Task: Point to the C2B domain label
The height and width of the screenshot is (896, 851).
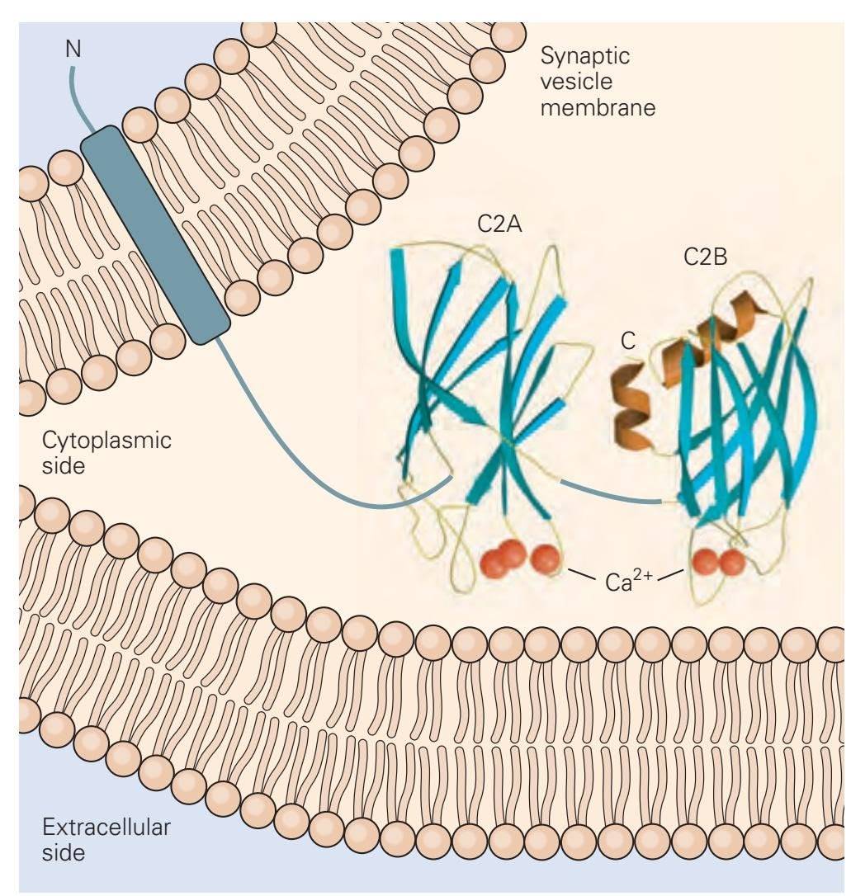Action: [x=706, y=258]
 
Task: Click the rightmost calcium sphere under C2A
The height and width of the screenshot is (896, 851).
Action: [x=545, y=559]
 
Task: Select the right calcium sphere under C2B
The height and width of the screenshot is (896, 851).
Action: [x=731, y=562]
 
